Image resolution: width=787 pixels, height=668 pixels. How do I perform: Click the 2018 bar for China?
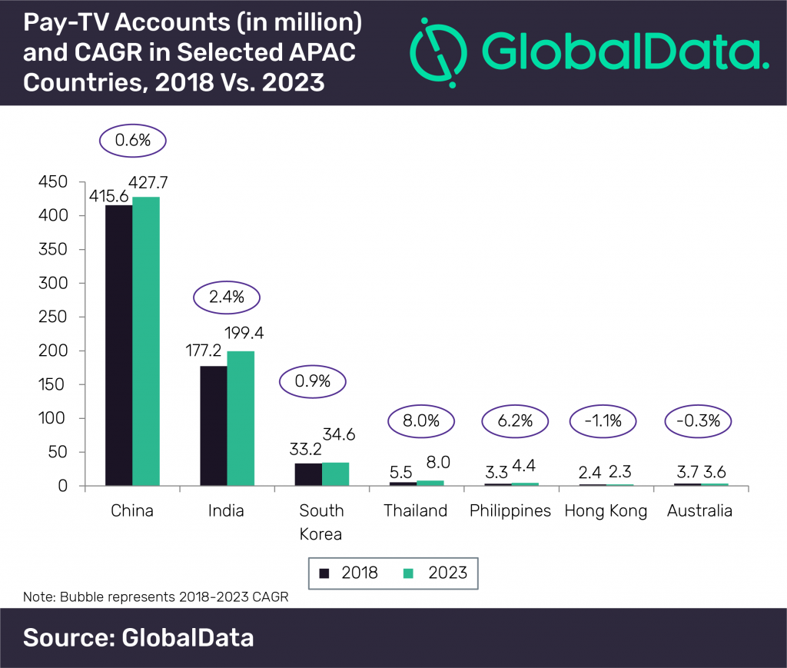click(118, 345)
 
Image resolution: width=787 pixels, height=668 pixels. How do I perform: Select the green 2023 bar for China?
click(146, 341)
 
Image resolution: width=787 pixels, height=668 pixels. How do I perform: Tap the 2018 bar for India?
click(213, 426)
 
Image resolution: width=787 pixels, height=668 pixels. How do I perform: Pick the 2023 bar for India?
click(241, 418)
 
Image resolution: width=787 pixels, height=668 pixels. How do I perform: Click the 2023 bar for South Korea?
click(335, 474)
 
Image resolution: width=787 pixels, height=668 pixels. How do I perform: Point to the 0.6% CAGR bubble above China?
click(132, 142)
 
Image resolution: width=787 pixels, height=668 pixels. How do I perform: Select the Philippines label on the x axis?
click(510, 511)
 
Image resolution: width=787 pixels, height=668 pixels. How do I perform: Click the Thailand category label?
click(416, 511)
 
